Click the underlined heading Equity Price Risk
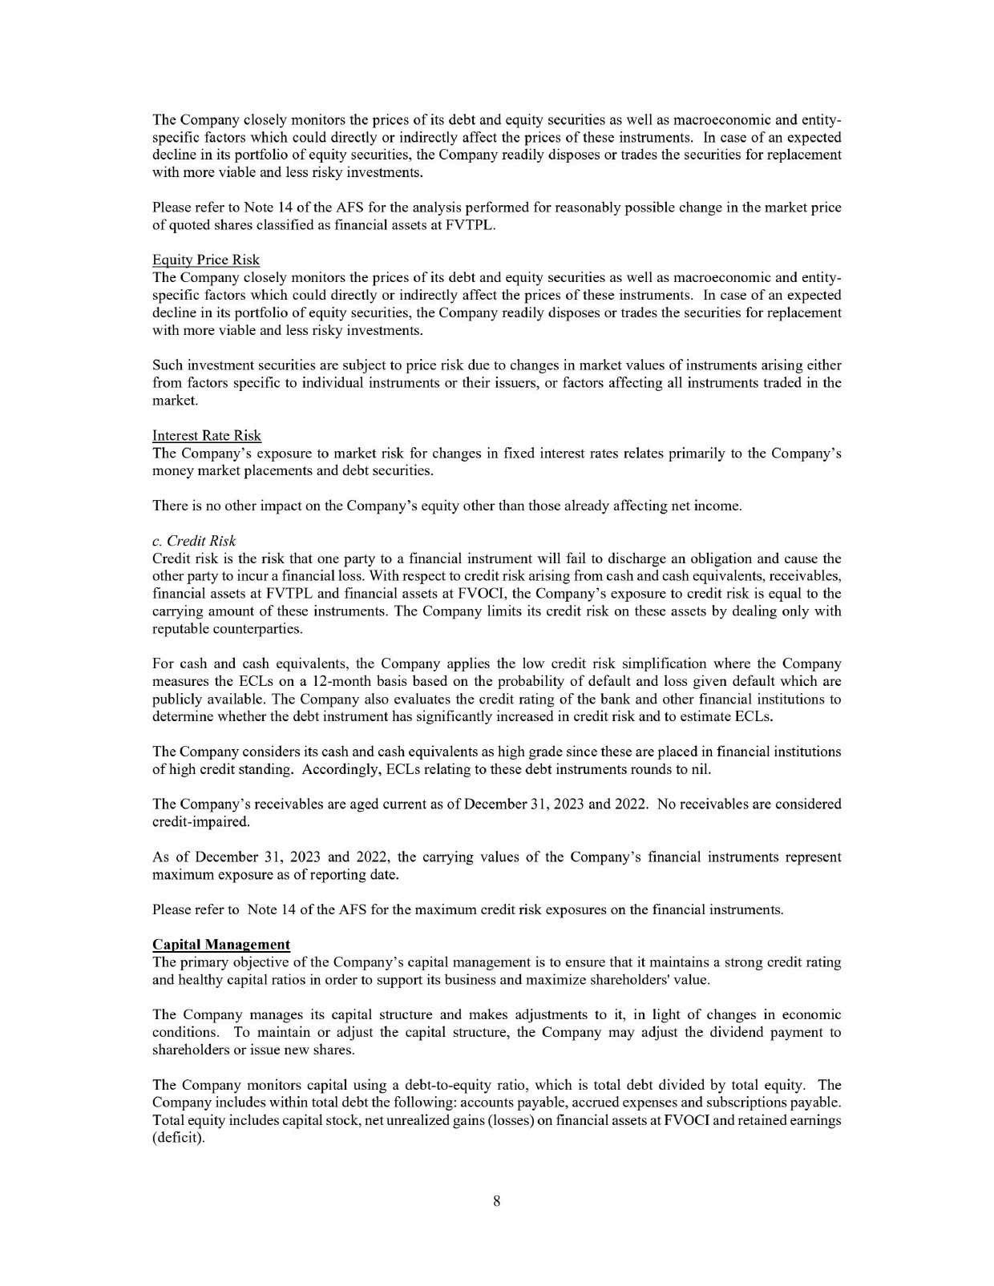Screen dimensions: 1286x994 tap(205, 260)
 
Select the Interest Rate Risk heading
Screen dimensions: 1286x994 tap(206, 435)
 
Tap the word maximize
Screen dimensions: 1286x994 tap(576, 979)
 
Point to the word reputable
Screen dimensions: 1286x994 tap(181, 629)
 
